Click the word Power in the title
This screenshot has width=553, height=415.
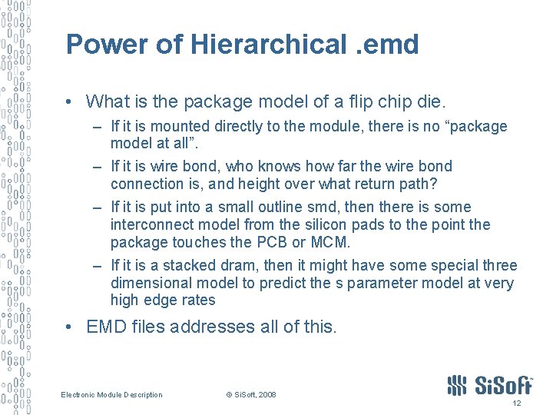click(107, 44)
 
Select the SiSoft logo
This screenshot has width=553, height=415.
click(489, 384)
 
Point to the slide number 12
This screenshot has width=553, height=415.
click(516, 404)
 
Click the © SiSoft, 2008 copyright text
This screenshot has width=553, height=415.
click(250, 395)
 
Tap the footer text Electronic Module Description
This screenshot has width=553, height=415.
click(112, 395)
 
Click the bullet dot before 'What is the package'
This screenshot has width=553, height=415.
click(70, 101)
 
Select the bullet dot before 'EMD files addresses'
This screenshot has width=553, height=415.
click(70, 327)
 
